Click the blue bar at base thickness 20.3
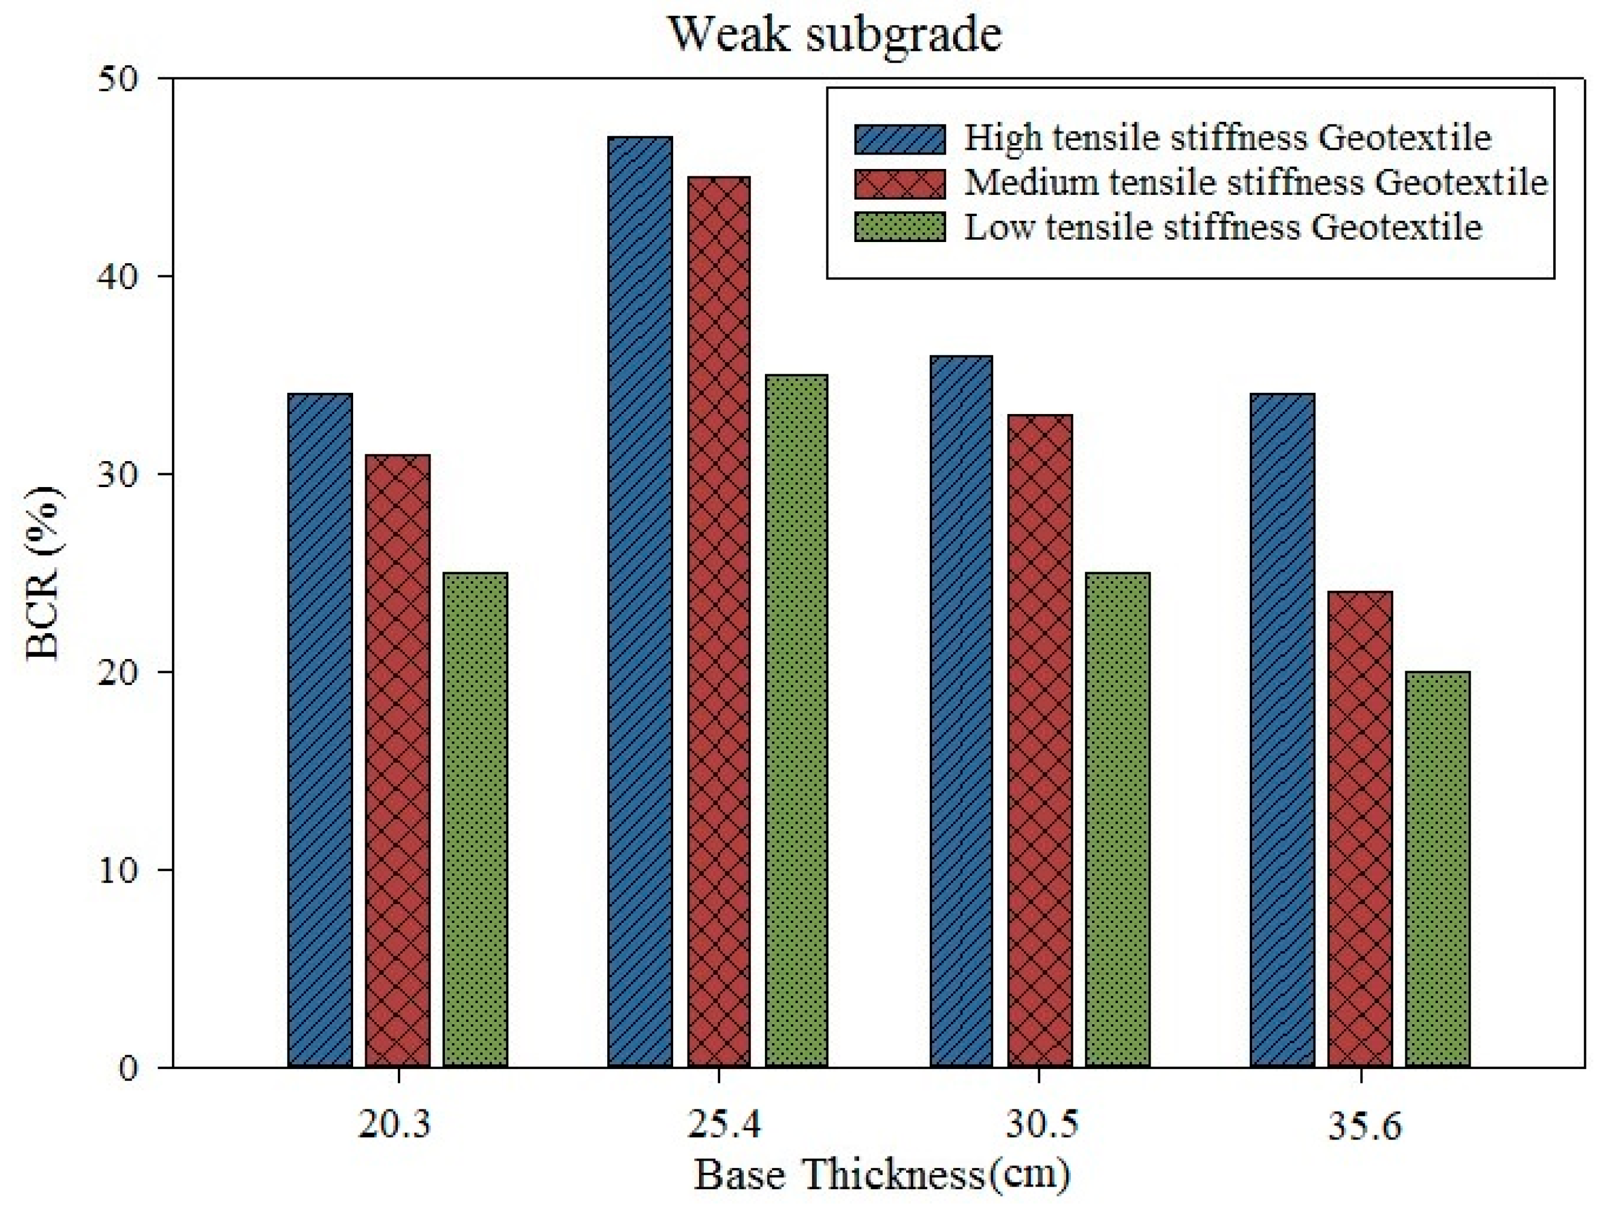(x=320, y=730)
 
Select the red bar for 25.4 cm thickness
(x=718, y=622)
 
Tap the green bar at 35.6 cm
(x=1438, y=869)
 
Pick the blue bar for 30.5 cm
(x=961, y=712)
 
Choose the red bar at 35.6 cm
(x=1360, y=829)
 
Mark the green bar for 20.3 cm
(x=475, y=820)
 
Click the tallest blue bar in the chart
(x=640, y=601)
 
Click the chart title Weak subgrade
(x=835, y=34)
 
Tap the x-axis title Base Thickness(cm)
(x=881, y=1174)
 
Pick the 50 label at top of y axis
(x=118, y=79)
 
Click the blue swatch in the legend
(x=899, y=139)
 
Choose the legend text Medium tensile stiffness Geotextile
(x=1256, y=183)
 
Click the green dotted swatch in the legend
(x=899, y=228)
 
